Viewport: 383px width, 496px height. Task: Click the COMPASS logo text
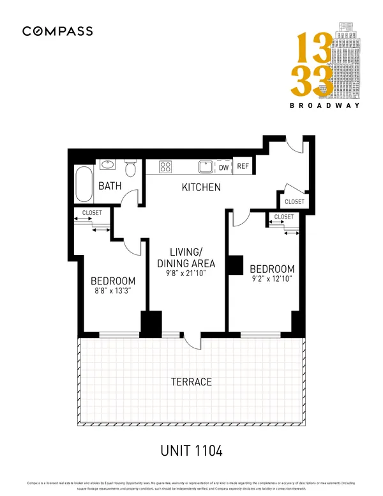(x=57, y=31)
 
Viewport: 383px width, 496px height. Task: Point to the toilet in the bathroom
(x=131, y=169)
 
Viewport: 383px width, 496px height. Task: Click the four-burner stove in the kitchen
(x=166, y=167)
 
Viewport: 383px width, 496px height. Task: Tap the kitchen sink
(x=206, y=167)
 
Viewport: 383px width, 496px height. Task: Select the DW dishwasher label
(x=224, y=167)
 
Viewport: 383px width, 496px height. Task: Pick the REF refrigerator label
(x=243, y=167)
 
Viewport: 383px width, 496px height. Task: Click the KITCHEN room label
(x=201, y=188)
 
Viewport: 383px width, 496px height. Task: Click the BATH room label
(x=111, y=187)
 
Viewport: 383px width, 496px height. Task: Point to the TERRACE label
(x=191, y=382)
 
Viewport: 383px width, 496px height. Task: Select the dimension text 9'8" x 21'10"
(x=186, y=274)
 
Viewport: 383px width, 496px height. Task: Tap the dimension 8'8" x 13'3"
(x=113, y=292)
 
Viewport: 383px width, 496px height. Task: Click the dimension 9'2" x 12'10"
(x=272, y=280)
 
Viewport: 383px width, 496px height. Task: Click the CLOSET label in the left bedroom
(x=92, y=213)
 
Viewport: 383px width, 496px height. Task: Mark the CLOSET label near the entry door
(x=294, y=202)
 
